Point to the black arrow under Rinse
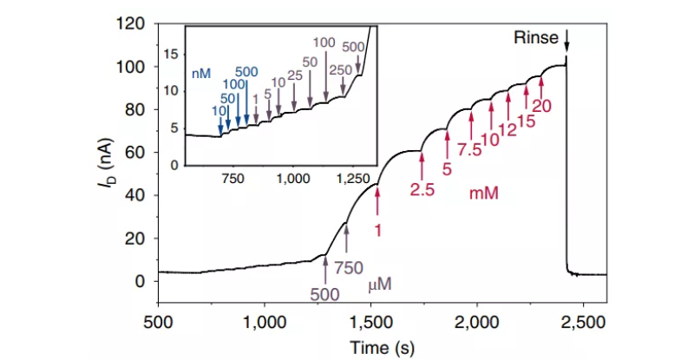(566, 41)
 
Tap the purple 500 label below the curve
(325, 295)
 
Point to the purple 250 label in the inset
(343, 69)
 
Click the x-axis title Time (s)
(382, 346)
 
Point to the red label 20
(541, 107)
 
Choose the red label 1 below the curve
(377, 230)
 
